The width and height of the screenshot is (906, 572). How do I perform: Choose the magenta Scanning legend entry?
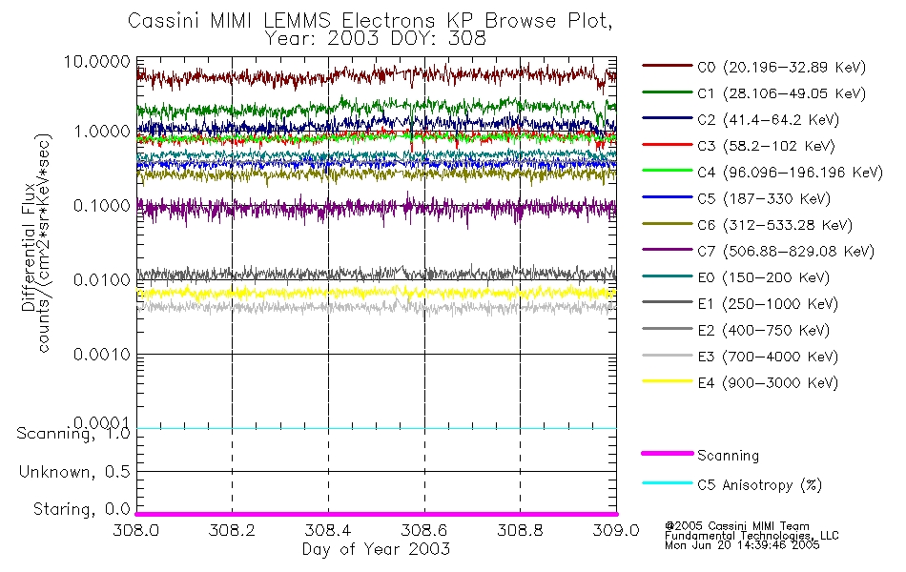pos(728,456)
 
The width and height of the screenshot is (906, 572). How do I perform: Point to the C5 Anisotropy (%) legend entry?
pos(759,484)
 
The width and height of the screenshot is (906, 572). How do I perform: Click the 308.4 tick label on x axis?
pos(328,530)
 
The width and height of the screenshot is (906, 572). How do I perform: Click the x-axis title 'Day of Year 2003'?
pos(376,549)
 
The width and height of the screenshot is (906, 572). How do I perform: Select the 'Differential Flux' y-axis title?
pos(29,258)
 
